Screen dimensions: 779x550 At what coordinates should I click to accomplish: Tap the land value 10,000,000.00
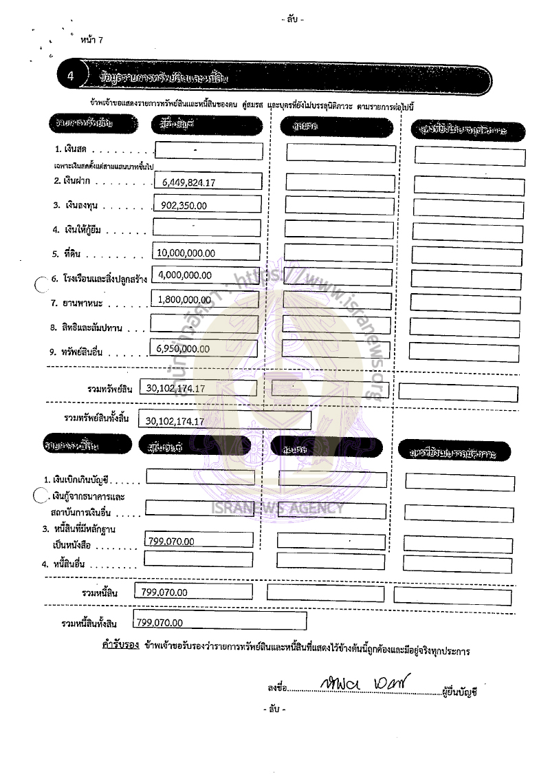pos(186,253)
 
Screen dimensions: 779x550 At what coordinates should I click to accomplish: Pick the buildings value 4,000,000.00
pos(185,275)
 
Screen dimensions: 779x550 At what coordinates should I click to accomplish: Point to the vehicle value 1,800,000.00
pos(184,299)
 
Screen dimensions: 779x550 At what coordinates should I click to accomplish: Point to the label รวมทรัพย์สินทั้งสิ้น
pos(96,418)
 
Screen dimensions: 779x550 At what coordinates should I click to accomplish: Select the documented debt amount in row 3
pos(171,542)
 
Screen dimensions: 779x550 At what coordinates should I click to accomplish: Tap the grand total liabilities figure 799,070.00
pos(160,623)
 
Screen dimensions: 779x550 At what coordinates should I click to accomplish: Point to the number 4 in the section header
pos(71,76)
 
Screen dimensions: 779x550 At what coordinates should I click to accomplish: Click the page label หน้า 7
pos(91,41)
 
